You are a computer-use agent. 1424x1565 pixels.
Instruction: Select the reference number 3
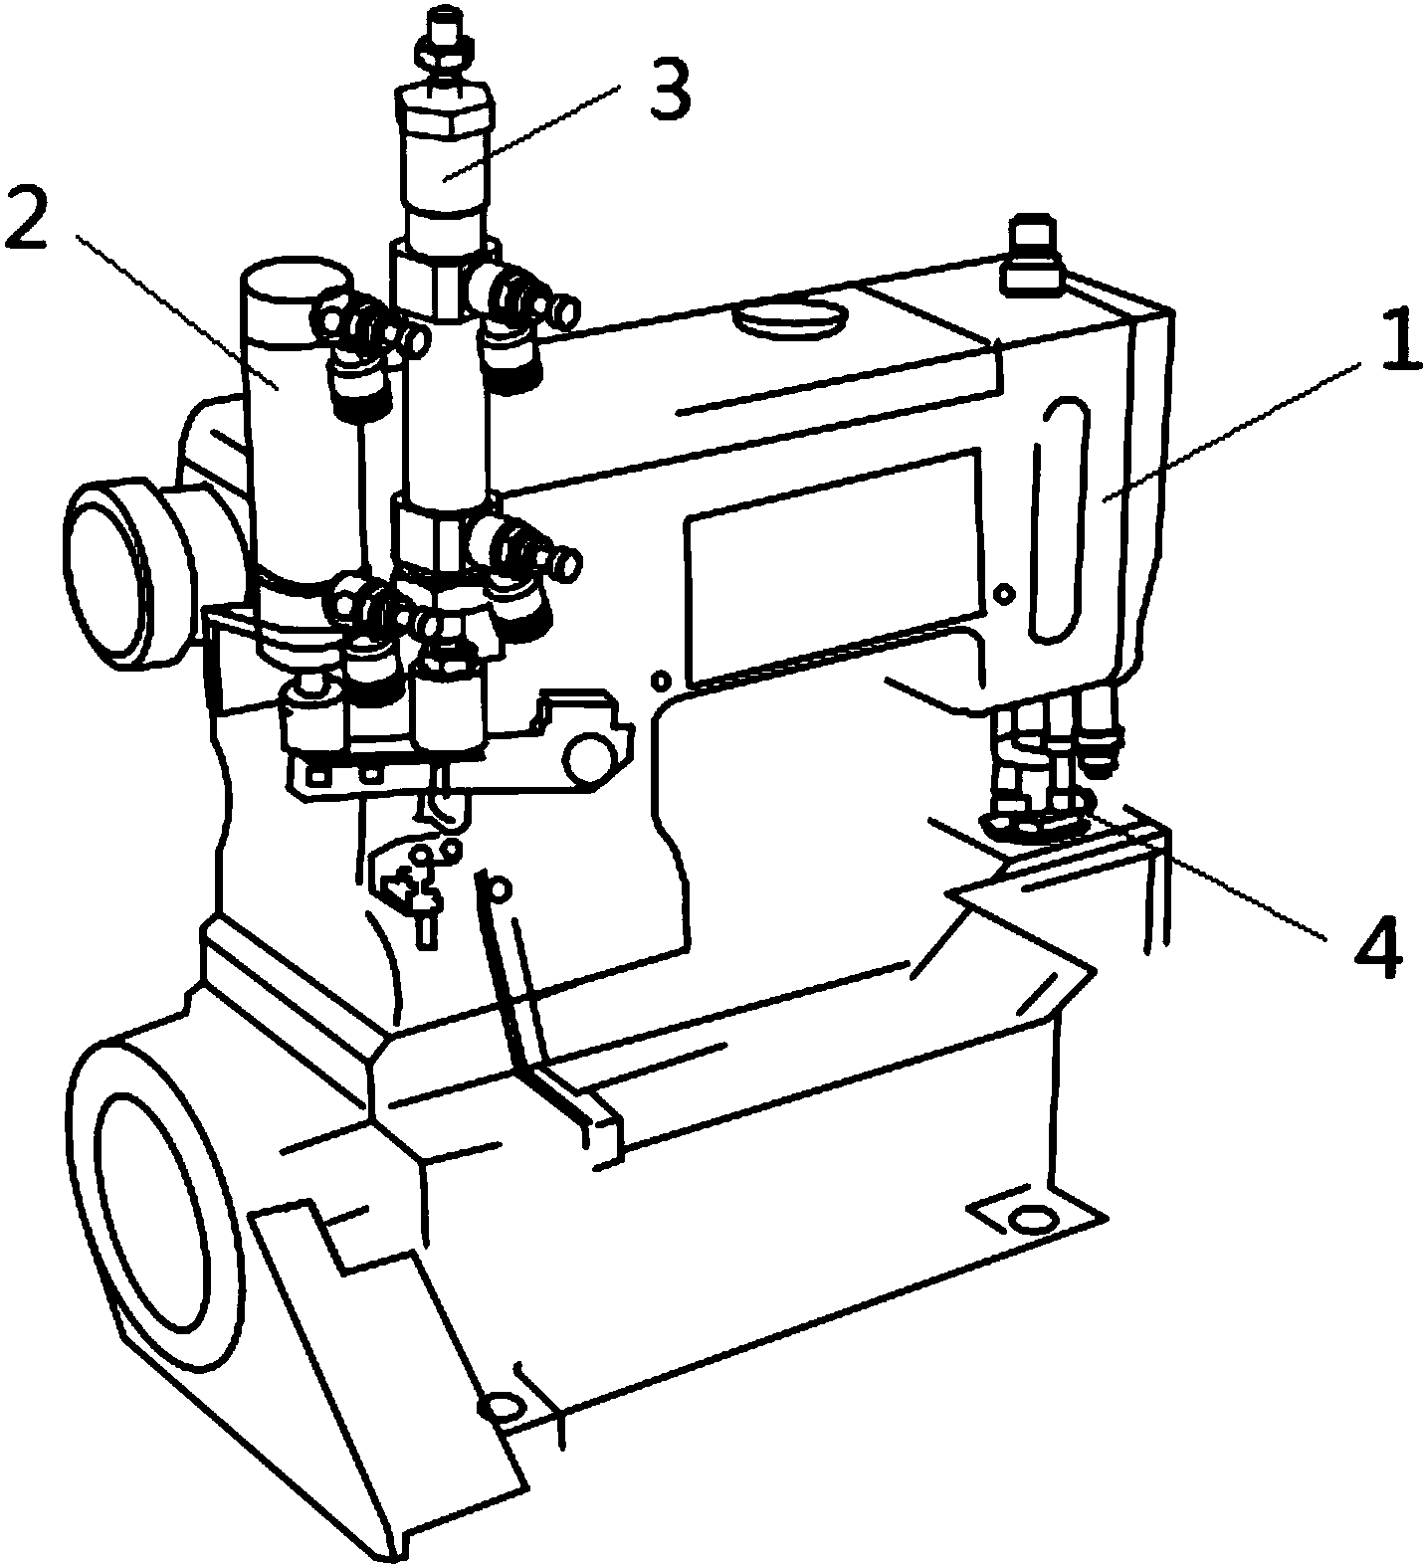pos(668,91)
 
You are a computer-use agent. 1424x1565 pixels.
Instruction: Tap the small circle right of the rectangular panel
pos(1005,595)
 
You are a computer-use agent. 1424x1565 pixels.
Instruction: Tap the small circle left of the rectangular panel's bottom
pos(657,681)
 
